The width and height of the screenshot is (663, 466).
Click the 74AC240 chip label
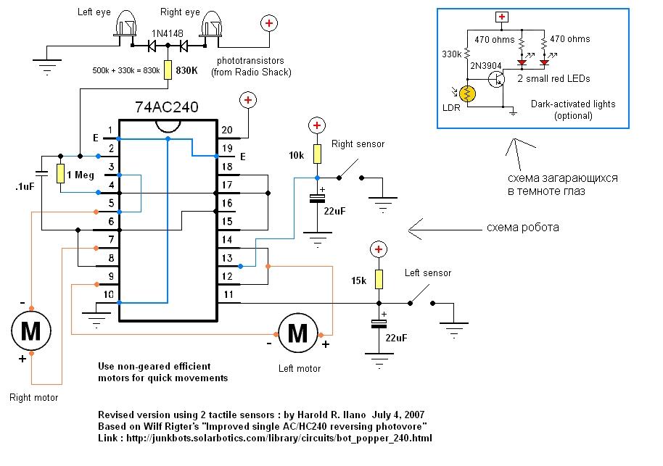coord(166,107)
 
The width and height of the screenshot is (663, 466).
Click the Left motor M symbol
coord(297,333)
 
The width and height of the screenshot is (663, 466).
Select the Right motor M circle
coord(31,330)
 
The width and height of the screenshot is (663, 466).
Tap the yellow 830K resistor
coord(168,70)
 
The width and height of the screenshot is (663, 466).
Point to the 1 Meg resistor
coord(60,174)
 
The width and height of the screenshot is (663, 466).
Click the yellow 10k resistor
coord(317,154)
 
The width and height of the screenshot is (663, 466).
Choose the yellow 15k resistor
coord(377,280)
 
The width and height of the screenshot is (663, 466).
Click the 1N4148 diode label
coord(168,33)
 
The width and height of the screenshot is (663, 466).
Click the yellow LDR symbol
coord(468,94)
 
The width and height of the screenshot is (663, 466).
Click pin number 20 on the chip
coord(227,130)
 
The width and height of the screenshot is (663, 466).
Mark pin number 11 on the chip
coord(227,294)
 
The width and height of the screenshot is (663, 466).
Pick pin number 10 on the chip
coord(109,294)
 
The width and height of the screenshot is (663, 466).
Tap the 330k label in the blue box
coord(451,53)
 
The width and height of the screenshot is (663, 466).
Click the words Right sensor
coord(358,143)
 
